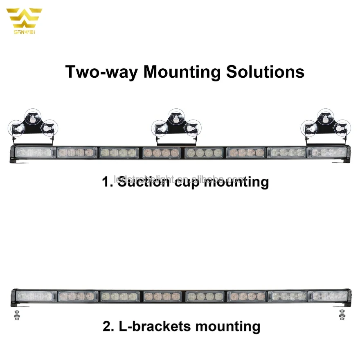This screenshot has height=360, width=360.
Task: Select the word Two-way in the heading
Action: [x=102, y=72]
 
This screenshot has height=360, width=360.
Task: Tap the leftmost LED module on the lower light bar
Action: [x=36, y=296]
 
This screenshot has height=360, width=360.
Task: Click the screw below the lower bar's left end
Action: [x=16, y=315]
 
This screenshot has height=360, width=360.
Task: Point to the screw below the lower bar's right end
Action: [x=342, y=315]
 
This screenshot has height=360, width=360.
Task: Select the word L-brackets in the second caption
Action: [x=156, y=326]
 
